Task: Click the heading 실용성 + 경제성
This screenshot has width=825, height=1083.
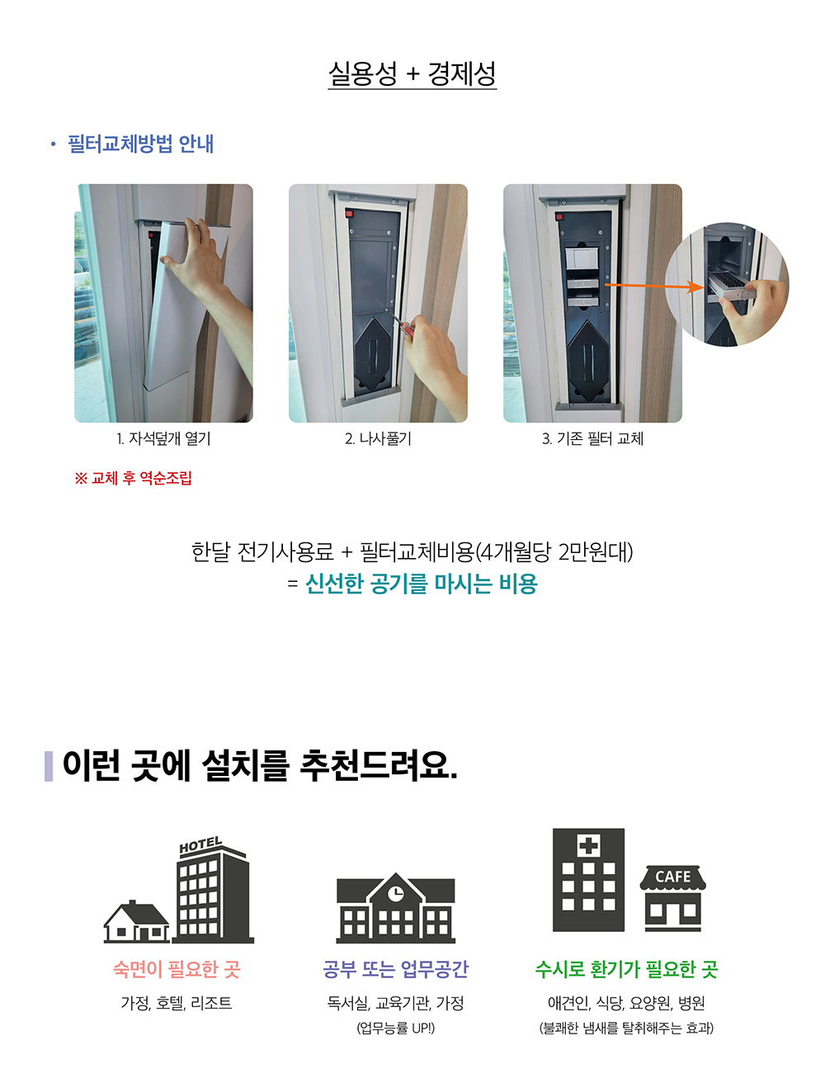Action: coord(412,74)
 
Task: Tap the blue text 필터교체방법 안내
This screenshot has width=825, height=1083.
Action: coord(140,144)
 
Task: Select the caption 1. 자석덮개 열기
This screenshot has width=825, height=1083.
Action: coord(163,438)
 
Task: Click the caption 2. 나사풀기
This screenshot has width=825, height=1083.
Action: coord(378,438)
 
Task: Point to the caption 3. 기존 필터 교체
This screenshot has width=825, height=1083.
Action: coord(592,438)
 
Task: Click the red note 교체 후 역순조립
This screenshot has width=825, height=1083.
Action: coord(133,478)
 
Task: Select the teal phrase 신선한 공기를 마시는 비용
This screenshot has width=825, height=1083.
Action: coord(421,584)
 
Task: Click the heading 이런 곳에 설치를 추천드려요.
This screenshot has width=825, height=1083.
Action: coord(260,765)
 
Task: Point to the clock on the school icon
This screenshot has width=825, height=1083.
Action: coord(395,892)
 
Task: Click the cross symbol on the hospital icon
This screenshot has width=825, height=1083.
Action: coord(588,845)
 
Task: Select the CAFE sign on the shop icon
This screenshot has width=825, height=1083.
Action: coord(672,877)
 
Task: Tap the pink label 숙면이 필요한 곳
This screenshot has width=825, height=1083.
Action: coord(177,969)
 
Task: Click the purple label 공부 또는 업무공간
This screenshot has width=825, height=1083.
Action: coord(395,969)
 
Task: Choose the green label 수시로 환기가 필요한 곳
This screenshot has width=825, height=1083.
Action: coord(626,969)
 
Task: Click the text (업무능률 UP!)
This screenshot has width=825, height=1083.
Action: coord(395,1029)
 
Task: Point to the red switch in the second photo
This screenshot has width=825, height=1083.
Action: coord(349,214)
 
